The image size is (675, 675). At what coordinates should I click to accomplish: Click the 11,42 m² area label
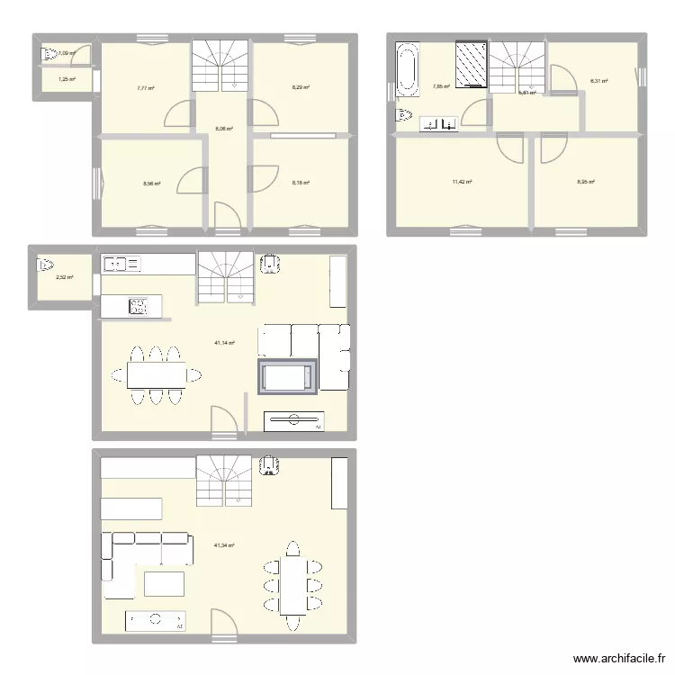pyautogui.click(x=462, y=182)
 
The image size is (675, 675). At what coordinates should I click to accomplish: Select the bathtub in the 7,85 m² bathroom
pyautogui.click(x=406, y=69)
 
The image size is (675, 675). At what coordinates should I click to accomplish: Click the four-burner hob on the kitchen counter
pyautogui.click(x=138, y=306)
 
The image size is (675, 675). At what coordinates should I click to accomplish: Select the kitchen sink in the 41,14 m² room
pyautogui.click(x=121, y=264)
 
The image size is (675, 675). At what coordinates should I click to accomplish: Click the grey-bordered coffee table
pyautogui.click(x=288, y=376)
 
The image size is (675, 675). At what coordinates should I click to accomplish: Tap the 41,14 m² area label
pyautogui.click(x=224, y=343)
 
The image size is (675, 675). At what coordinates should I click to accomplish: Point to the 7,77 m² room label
pyautogui.click(x=145, y=88)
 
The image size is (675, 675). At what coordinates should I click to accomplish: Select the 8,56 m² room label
pyautogui.click(x=151, y=184)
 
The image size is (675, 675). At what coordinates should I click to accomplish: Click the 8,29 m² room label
pyautogui.click(x=300, y=87)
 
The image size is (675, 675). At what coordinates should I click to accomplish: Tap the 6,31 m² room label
pyautogui.click(x=598, y=81)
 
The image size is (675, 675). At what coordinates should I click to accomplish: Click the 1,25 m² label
pyautogui.click(x=67, y=80)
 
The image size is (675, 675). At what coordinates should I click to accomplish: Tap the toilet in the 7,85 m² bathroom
pyautogui.click(x=404, y=115)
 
